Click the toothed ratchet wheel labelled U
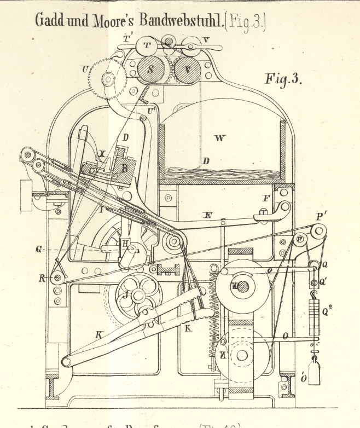pos(107,80)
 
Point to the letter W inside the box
pos(220,138)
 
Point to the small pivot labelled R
pos(57,278)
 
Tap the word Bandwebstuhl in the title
pos(179,21)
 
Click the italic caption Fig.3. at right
pos(283,78)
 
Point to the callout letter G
pos(39,250)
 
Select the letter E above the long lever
pos(207,216)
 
